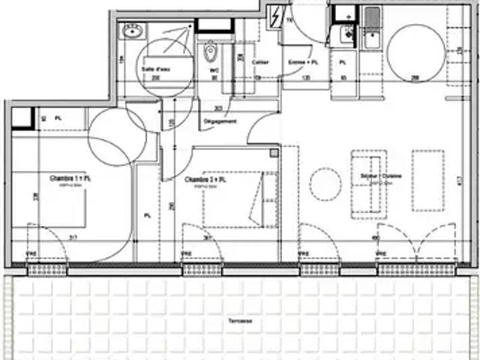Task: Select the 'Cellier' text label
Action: pos(260,61)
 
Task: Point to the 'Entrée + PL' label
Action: pos(303,61)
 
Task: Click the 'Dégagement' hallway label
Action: pos(220,121)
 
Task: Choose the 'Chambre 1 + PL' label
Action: pos(70,179)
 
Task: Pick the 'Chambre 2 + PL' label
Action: pos(205,181)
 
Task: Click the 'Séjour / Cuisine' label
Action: pos(373,176)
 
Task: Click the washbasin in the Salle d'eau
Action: pos(133,31)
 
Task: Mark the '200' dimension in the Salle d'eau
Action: pos(156,77)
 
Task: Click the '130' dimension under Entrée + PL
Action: pos(306,77)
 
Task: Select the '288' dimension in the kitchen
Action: pos(414,77)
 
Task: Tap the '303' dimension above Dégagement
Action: pos(217,108)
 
